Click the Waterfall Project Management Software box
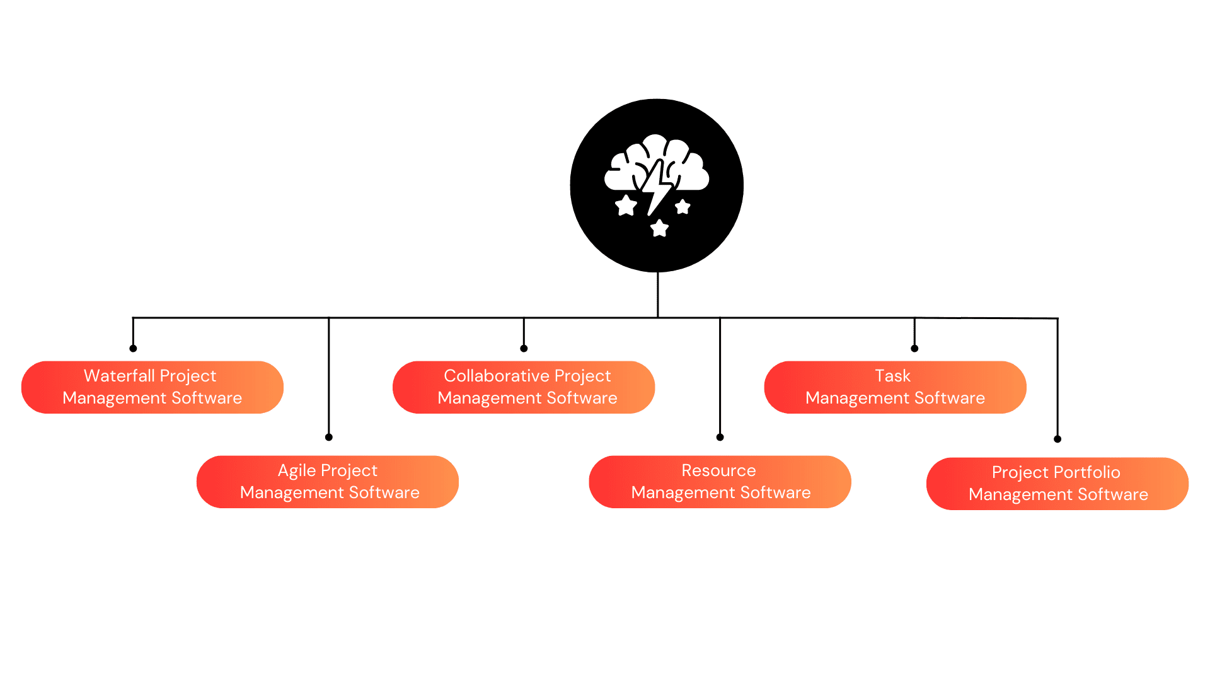point(152,387)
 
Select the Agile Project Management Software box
point(327,481)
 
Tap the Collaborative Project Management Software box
point(523,387)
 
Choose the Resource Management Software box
point(719,481)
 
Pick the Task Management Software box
point(894,387)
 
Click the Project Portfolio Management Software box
point(1057,483)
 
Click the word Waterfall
point(119,376)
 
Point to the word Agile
point(297,470)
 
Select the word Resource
point(718,470)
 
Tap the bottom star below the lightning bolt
point(659,228)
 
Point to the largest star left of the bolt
point(626,206)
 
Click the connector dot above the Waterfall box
point(133,348)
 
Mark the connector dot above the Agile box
point(329,437)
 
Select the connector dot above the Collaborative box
point(524,348)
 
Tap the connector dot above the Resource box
point(720,437)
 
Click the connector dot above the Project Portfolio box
point(1057,439)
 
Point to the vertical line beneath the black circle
point(657,294)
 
